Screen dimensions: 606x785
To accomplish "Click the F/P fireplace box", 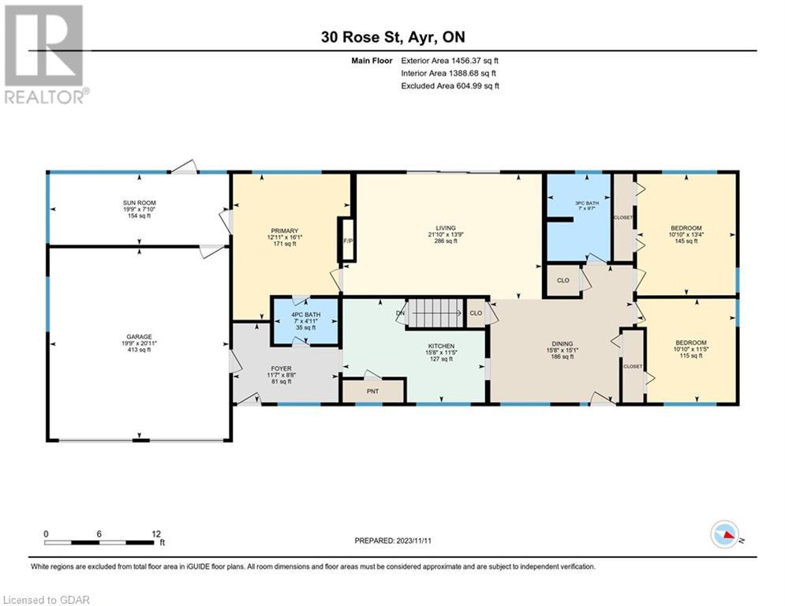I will [346, 239].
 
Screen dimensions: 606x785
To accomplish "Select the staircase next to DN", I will [435, 313].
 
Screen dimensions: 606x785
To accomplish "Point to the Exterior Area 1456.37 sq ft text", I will [450, 59].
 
